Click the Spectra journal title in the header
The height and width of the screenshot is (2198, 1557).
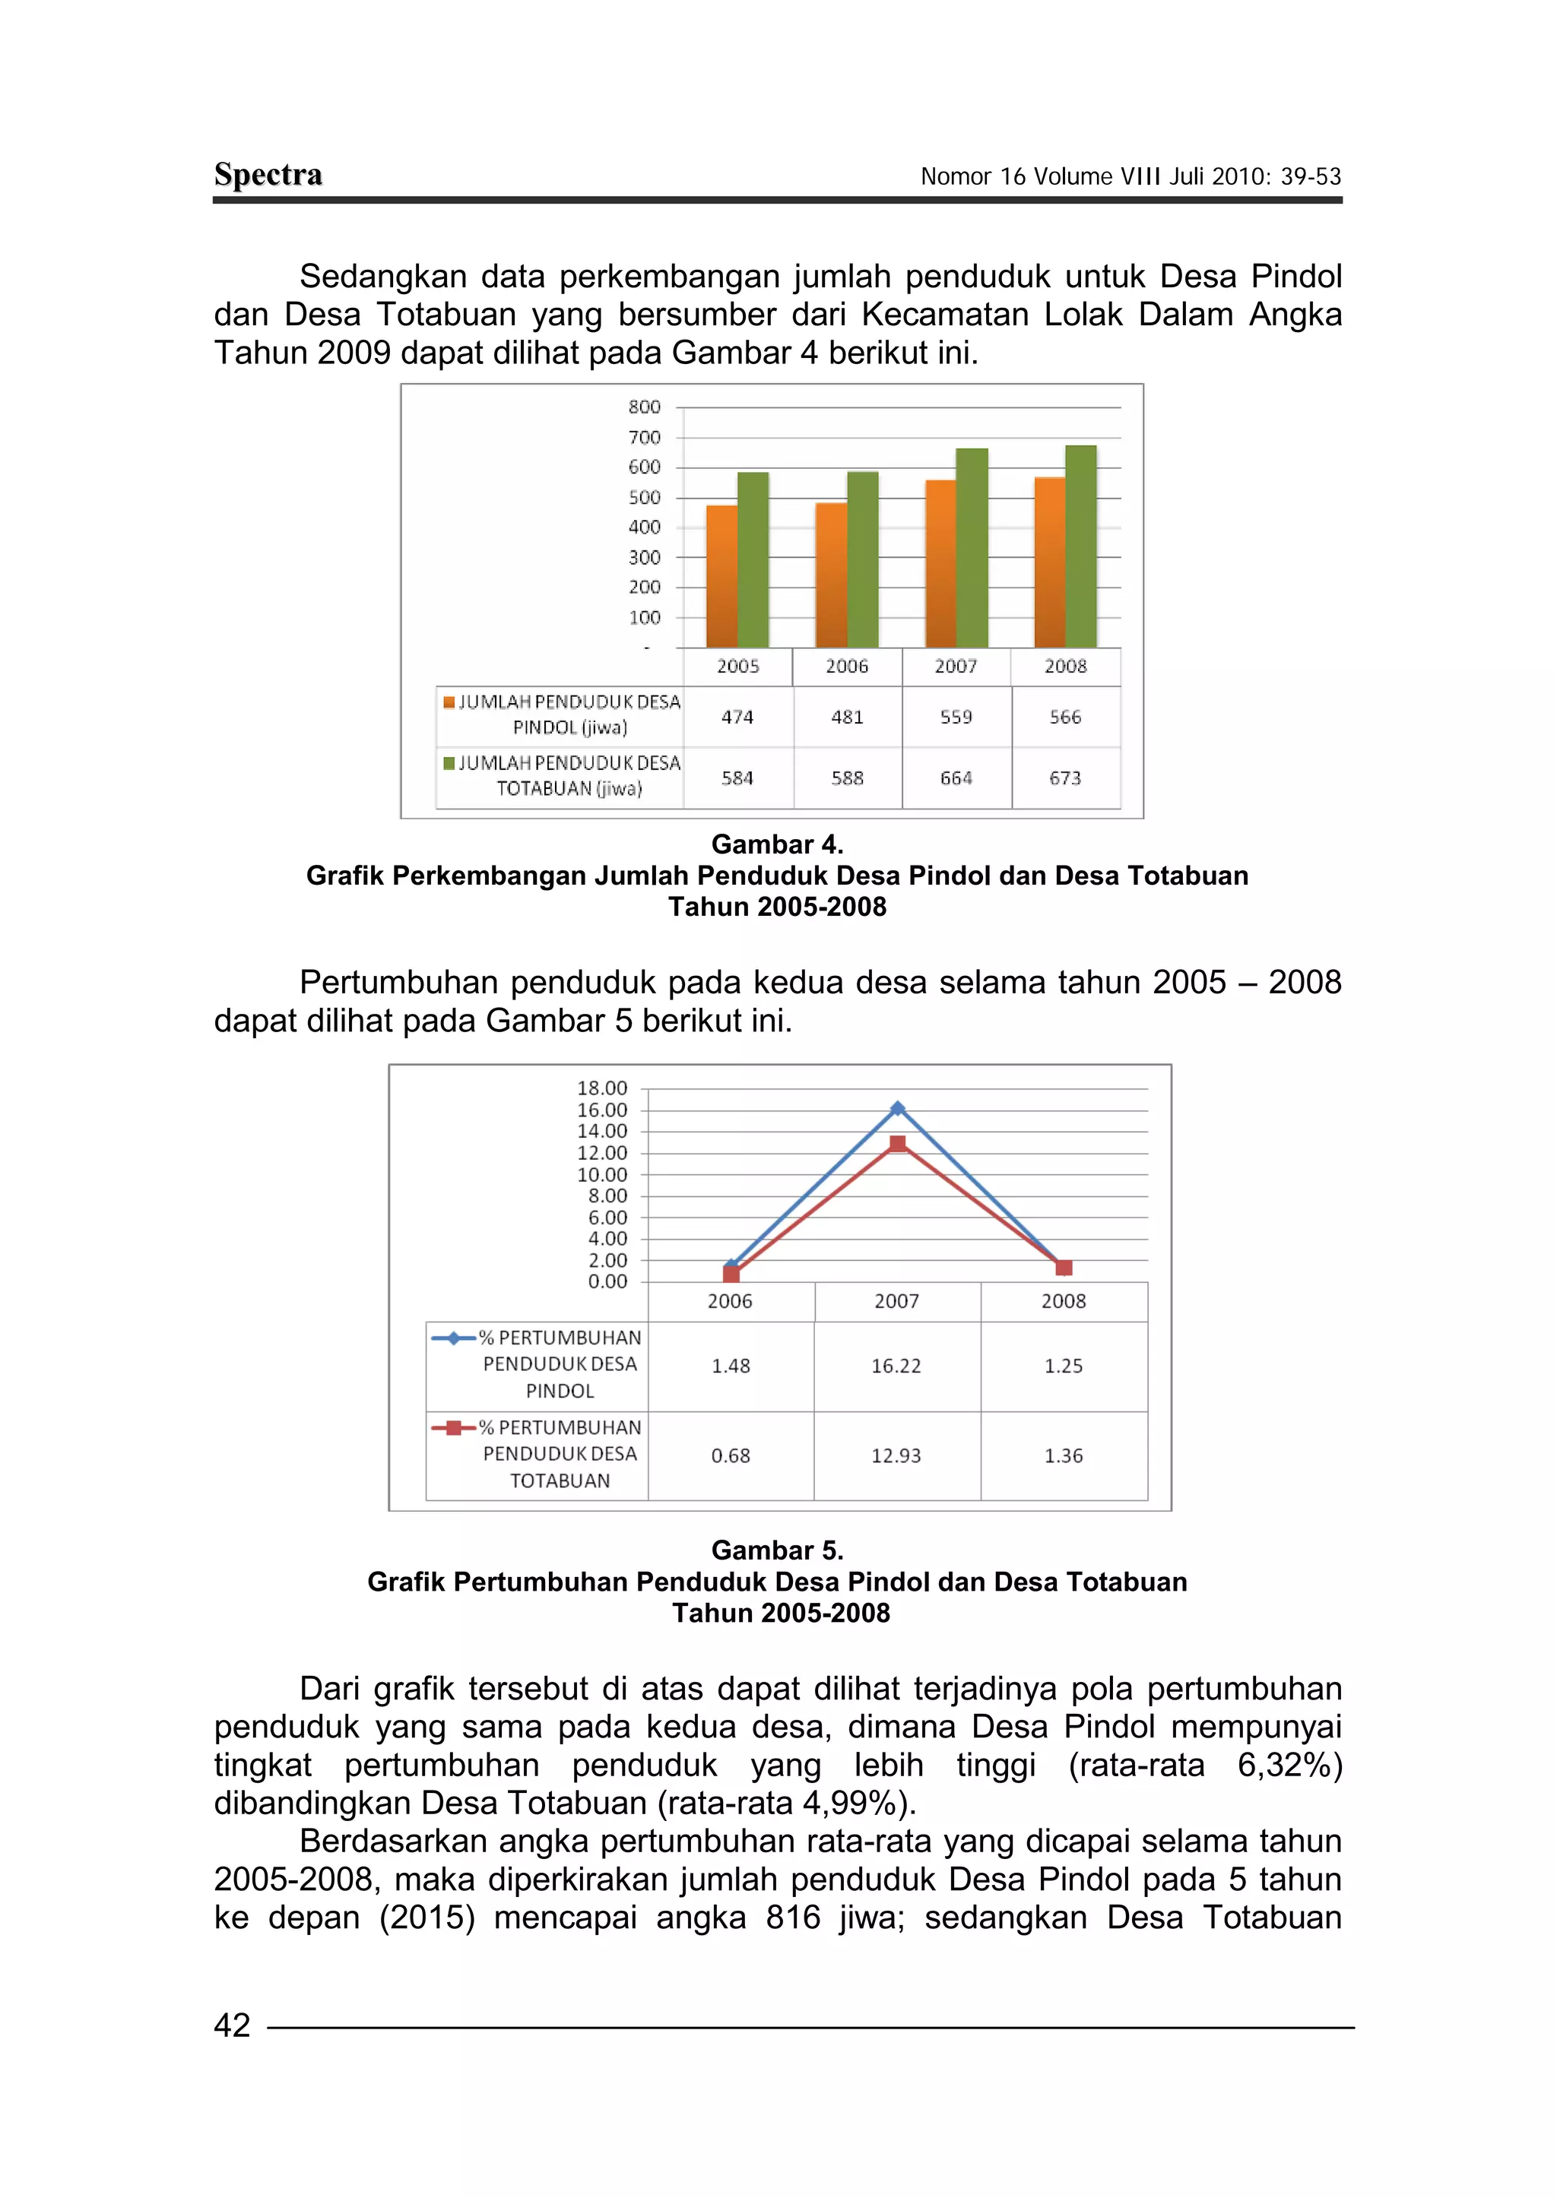coord(268,175)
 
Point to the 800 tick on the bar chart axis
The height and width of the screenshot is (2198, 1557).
coord(644,407)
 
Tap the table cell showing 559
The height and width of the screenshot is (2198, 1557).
coord(956,717)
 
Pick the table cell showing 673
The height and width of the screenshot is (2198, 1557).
coord(1065,778)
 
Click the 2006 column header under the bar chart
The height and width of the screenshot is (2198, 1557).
coord(847,667)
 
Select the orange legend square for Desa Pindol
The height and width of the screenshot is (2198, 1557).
coord(449,702)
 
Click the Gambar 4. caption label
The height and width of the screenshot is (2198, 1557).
coord(776,844)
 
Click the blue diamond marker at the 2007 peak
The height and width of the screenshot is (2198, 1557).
coord(897,1108)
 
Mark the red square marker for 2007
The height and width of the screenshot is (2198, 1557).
coord(897,1144)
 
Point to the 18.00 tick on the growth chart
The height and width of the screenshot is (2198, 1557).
coord(602,1088)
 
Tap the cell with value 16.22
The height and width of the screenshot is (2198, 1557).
coord(896,1366)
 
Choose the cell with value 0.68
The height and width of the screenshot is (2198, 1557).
coord(731,1456)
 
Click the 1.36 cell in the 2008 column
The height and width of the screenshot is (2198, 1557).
coord(1064,1456)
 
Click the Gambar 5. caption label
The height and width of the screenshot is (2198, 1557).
coord(776,1550)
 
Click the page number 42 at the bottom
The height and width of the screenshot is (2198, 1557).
coord(232,2025)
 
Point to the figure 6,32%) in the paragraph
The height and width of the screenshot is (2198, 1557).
coord(1289,1765)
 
